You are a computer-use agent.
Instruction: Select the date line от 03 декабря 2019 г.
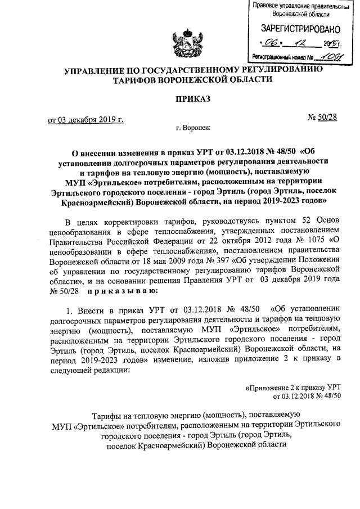tap(84, 120)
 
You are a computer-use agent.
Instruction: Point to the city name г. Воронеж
tap(192, 128)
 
